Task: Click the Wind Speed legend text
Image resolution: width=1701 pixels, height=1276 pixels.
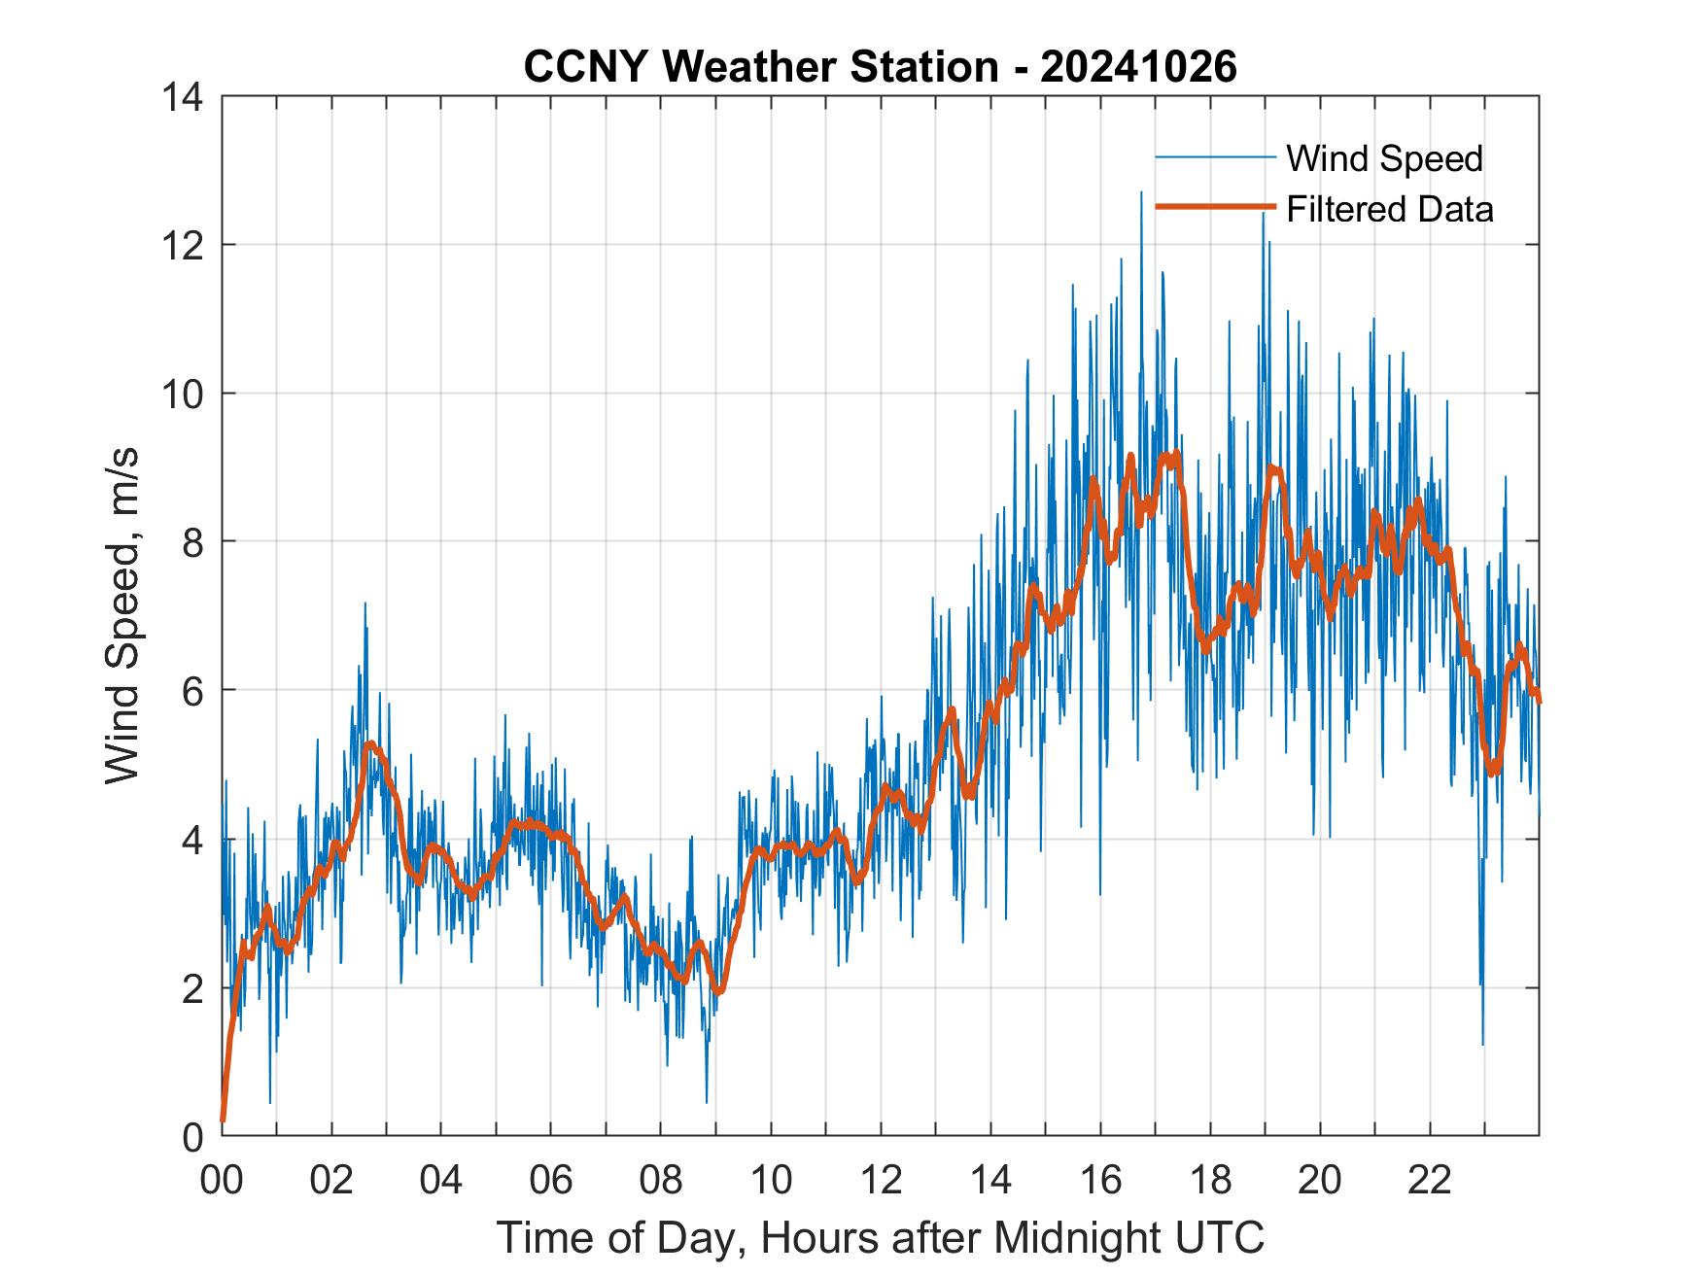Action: pos(1384,158)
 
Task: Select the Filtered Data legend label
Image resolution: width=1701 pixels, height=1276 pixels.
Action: pos(1389,209)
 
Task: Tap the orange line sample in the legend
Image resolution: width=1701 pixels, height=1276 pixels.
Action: pos(1214,207)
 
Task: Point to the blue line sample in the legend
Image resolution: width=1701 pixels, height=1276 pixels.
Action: pos(1214,157)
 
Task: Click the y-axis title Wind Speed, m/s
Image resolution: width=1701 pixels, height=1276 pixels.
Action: pos(122,615)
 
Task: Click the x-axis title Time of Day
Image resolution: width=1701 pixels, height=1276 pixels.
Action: pos(881,1237)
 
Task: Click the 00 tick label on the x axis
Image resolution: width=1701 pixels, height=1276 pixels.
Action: pos(222,1181)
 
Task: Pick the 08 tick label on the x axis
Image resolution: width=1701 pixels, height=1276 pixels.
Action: pos(661,1181)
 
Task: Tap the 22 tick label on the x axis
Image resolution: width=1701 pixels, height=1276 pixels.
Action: pos(1430,1181)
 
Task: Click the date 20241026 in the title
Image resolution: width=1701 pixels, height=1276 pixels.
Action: pos(1138,67)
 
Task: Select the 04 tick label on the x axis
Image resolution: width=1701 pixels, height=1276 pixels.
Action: pos(441,1181)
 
